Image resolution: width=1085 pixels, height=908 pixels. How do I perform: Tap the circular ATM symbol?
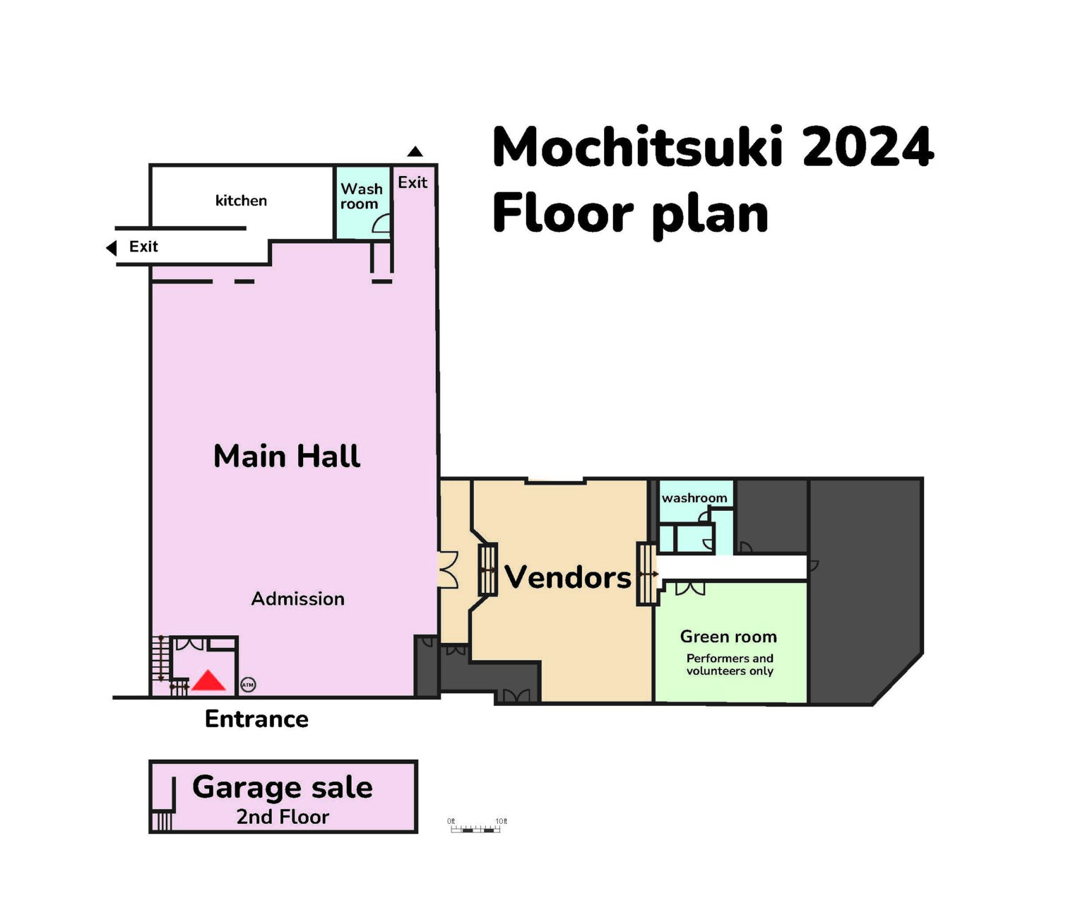(248, 685)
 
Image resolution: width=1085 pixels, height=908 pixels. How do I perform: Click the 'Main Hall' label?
(287, 456)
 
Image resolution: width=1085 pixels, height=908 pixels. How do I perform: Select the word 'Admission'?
(298, 599)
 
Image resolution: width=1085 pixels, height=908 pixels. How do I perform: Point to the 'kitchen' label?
(241, 201)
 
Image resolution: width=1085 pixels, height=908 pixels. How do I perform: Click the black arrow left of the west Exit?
(111, 248)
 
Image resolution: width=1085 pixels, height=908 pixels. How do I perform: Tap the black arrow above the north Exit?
(415, 151)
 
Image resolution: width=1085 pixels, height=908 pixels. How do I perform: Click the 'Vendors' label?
(567, 577)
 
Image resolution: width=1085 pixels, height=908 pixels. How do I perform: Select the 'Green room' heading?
(728, 637)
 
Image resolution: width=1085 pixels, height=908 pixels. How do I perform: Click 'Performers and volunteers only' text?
(730, 665)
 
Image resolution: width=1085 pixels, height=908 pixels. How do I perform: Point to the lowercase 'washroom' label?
(694, 498)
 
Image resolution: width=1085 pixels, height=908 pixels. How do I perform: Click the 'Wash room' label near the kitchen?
(361, 196)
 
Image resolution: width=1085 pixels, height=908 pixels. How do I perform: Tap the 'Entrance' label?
(256, 719)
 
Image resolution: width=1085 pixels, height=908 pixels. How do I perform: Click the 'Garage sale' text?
(283, 787)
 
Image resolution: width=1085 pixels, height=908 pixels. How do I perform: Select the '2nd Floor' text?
(283, 817)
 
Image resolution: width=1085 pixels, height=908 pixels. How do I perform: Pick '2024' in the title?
(868, 146)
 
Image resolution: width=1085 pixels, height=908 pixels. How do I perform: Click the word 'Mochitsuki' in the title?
(637, 146)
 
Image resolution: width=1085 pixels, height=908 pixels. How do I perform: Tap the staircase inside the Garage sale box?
(162, 820)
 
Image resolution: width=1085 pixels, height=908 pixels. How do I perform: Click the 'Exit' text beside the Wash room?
(413, 182)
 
